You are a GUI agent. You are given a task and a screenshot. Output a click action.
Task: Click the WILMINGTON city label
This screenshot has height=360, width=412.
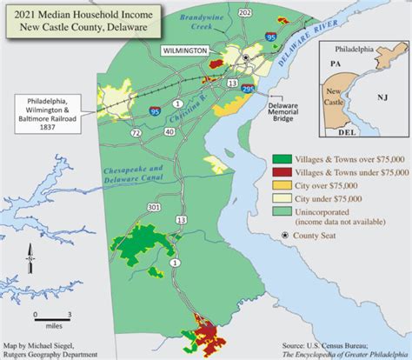pyautogui.click(x=184, y=52)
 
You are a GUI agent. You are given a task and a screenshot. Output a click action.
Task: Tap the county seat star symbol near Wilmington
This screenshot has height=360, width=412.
pyautogui.click(x=246, y=57)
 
